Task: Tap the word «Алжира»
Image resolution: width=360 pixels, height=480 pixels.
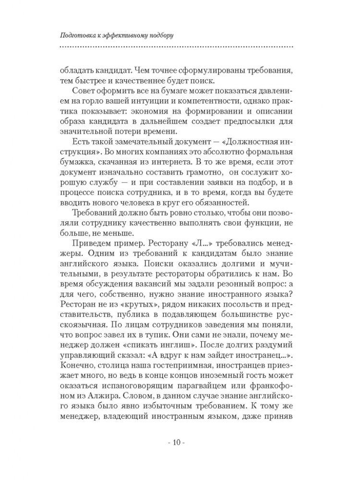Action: coord(92,401)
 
